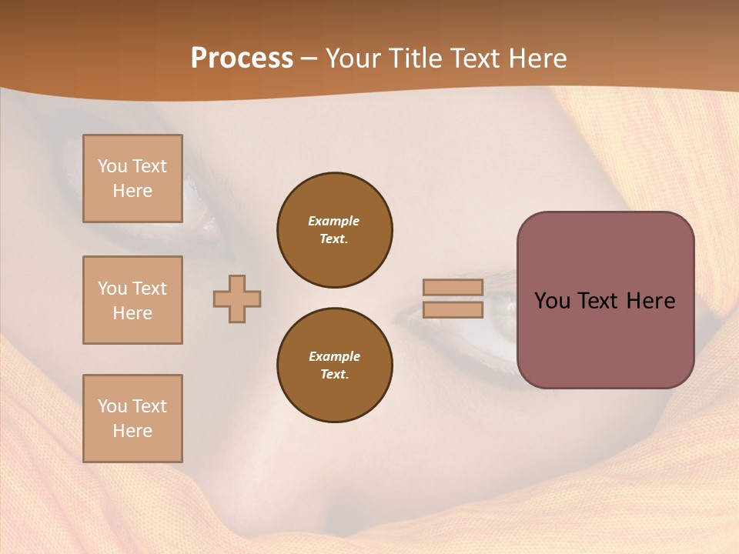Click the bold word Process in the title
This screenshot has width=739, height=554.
click(x=242, y=58)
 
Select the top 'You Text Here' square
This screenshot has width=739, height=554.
click(x=132, y=179)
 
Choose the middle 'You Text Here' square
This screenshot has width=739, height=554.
click(x=132, y=300)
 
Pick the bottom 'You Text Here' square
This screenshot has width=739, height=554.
click(x=132, y=419)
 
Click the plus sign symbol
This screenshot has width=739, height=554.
click(x=237, y=299)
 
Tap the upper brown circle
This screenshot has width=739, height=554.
click(x=335, y=230)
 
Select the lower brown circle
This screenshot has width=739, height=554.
click(x=335, y=365)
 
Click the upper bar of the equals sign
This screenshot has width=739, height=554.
click(x=453, y=287)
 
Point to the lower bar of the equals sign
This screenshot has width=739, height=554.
click(x=453, y=309)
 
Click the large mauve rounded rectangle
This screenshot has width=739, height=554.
click(x=605, y=339)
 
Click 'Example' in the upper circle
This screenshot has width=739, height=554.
click(x=334, y=221)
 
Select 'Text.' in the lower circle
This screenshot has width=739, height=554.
click(x=334, y=375)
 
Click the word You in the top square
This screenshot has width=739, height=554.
click(x=112, y=166)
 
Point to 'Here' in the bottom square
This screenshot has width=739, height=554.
click(x=132, y=431)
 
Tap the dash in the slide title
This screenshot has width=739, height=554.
click(x=309, y=58)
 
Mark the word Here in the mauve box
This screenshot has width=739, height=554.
click(x=650, y=301)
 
